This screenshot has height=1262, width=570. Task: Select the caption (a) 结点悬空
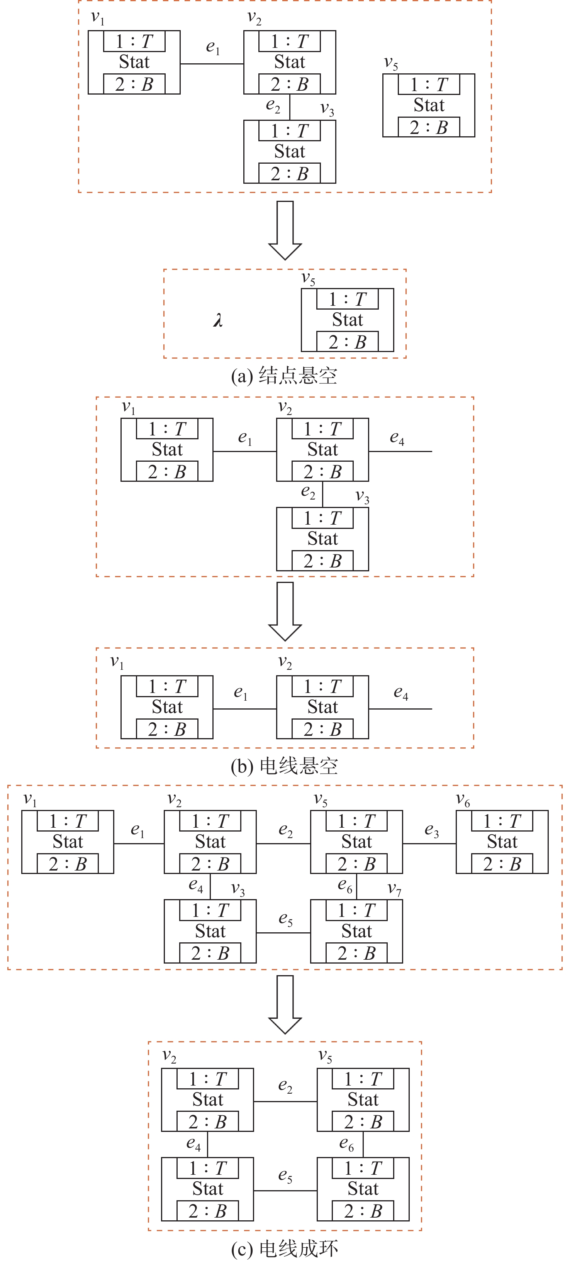[284, 376]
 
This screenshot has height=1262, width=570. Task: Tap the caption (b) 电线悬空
[284, 766]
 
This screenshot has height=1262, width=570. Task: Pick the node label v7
[394, 889]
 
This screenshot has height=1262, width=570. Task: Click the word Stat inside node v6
[502, 842]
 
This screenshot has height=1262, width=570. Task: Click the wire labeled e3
[429, 844]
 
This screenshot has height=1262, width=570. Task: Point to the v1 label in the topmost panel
[98, 18]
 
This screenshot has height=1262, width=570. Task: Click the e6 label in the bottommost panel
[346, 1144]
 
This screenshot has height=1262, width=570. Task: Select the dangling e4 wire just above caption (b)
[400, 709]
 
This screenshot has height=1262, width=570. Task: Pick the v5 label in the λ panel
[308, 279]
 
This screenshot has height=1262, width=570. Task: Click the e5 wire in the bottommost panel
[285, 1191]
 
